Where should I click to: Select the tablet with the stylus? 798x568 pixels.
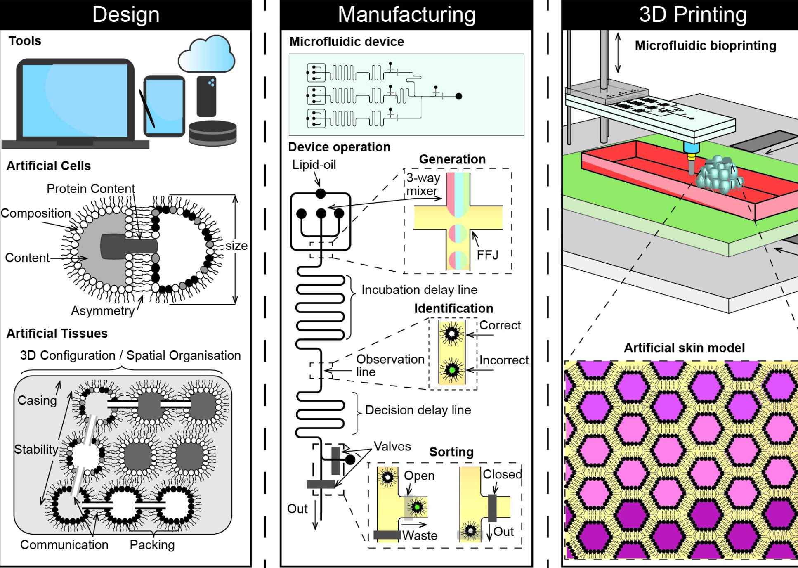point(164,106)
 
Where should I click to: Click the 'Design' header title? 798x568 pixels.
point(126,15)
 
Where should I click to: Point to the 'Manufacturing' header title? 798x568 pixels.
point(406,15)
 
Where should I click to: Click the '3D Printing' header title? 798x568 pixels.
point(693,15)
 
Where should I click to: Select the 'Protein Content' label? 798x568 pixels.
point(90,189)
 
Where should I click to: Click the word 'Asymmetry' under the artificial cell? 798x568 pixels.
point(103,311)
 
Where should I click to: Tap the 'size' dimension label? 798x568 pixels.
point(236,246)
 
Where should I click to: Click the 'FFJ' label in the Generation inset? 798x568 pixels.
point(487,255)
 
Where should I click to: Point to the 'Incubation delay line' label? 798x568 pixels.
point(419,290)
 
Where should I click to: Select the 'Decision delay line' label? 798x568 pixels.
point(418,410)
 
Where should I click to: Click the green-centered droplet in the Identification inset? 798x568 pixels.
point(452,370)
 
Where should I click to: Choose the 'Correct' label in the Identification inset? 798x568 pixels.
point(500,325)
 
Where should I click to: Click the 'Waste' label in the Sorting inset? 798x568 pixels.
point(420,535)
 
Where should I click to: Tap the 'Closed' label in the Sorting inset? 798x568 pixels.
point(502,474)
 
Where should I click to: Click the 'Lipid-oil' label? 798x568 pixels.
point(314,165)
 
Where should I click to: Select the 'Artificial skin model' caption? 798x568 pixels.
point(684,348)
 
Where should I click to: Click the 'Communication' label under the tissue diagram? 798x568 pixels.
point(64,545)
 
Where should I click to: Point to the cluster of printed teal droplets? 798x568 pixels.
point(719,175)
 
